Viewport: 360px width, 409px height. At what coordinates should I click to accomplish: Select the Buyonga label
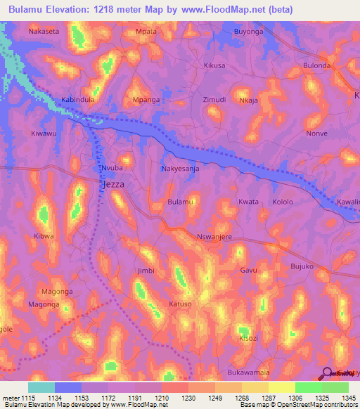coord(247,32)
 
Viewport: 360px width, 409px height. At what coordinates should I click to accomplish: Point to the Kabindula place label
coord(78,100)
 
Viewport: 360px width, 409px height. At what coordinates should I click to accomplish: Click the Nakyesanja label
coord(181,169)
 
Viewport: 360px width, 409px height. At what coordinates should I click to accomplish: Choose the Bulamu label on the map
coord(180,202)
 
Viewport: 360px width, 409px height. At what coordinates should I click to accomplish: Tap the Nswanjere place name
coord(214,237)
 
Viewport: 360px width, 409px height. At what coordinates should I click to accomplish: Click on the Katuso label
coord(180,304)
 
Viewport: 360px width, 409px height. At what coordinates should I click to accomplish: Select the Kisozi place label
coord(247,337)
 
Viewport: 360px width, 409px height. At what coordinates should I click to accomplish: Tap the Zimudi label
coord(214,100)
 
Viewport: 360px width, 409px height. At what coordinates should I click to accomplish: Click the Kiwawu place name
coord(44,134)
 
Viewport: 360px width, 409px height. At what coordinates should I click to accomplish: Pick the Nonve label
coord(317,134)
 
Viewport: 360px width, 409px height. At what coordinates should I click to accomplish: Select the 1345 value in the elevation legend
coord(348,398)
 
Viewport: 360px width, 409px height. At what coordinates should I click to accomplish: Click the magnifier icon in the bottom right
coord(326,373)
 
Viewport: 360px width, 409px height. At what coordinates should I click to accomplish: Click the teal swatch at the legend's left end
coord(41,387)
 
